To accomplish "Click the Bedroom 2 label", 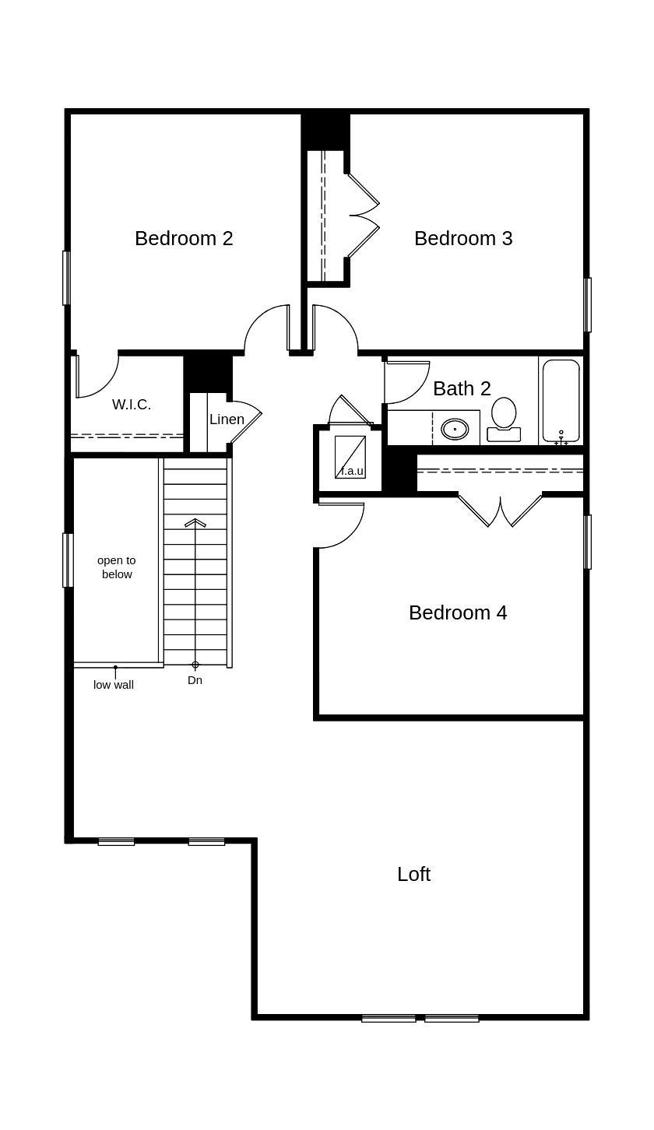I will pos(184,238).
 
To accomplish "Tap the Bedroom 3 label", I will pos(463,238).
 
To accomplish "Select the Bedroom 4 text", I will pos(458,612).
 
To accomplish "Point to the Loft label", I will pos(413,874).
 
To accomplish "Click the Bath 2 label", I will pos(462,388).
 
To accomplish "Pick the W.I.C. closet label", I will pos(132,405).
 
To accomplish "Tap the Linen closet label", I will pos(227,419).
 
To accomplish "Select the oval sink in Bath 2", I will pos(455,429).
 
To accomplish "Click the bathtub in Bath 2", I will pos(561,400).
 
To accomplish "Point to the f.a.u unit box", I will pos(350,458).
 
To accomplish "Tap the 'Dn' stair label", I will pos(195,680).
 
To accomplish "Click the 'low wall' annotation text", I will pos(114,685).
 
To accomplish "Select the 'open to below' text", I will pos(117,567).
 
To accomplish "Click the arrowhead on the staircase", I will pos(195,523).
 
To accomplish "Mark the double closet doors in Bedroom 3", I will pos(363,216).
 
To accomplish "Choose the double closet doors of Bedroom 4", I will pos(500,511).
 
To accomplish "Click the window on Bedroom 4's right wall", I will pos(588,542).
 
